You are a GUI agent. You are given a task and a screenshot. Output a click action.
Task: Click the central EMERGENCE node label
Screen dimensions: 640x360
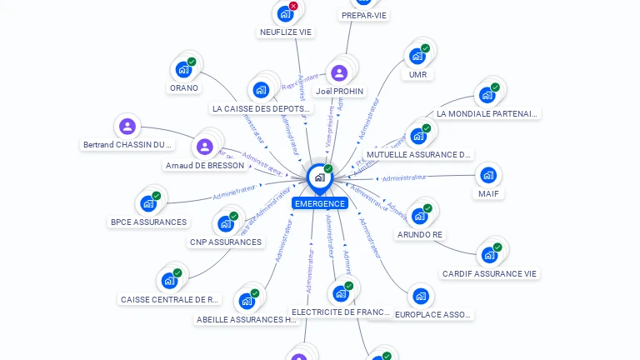tap(319, 203)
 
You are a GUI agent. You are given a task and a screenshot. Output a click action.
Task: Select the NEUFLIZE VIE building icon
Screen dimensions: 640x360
tap(286, 14)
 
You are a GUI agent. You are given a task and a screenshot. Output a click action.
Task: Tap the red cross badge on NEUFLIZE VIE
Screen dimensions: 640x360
tap(293, 6)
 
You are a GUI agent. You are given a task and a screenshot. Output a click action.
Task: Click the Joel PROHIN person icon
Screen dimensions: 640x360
tap(339, 72)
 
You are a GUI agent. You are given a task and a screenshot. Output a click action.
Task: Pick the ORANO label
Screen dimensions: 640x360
tap(184, 87)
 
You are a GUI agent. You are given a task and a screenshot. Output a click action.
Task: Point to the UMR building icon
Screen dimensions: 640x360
tap(417, 57)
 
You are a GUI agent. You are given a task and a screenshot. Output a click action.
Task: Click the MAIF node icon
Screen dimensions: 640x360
tap(488, 175)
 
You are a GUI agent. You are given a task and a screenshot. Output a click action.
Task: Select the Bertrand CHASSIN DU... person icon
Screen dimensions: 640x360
tap(127, 126)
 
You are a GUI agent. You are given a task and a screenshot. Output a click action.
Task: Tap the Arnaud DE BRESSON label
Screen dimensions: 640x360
tap(205, 165)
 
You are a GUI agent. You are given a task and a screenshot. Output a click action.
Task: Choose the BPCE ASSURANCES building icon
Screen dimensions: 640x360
tap(148, 203)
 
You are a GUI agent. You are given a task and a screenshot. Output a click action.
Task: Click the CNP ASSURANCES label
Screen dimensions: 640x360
tap(226, 242)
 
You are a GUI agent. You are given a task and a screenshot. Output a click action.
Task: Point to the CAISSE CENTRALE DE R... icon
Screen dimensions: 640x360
tap(170, 281)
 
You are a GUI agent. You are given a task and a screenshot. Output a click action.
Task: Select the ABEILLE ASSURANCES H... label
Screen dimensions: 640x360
tap(247, 319)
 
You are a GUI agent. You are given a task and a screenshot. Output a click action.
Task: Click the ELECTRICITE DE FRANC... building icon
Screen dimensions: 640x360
tap(340, 293)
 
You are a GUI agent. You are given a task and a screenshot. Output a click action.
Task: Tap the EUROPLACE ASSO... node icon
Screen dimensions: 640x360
tap(421, 296)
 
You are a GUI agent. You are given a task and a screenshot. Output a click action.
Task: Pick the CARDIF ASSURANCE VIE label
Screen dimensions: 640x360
tap(490, 273)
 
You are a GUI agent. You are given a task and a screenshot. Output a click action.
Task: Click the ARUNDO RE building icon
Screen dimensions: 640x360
tap(420, 216)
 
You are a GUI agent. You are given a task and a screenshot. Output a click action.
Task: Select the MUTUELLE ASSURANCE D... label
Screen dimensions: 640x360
tap(420, 154)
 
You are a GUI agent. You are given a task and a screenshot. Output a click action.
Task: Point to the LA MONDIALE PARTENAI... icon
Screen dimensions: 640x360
tap(487, 95)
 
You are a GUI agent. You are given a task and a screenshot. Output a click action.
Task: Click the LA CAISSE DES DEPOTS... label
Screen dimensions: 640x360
tap(262, 108)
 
